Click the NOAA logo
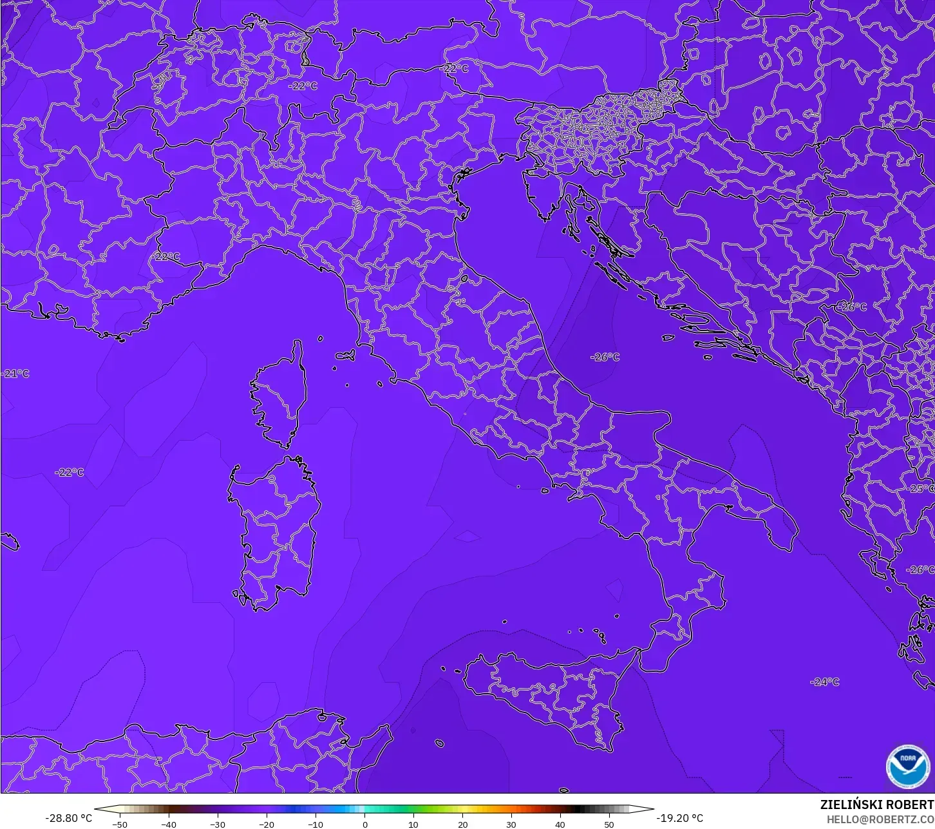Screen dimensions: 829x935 [908, 766]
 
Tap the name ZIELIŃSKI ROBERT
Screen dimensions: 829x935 [876, 805]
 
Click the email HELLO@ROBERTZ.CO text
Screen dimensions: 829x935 [880, 819]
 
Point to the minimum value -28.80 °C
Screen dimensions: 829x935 [68, 818]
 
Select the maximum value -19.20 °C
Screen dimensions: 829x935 [680, 818]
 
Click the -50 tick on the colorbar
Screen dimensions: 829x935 [120, 824]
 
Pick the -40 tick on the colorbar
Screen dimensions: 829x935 [169, 824]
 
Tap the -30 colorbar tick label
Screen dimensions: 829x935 [218, 824]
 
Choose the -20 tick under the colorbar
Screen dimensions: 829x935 [267, 824]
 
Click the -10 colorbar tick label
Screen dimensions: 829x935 [316, 824]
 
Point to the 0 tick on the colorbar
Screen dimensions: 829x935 [364, 824]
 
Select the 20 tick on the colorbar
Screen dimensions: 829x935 [462, 824]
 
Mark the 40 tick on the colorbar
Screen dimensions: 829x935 [560, 824]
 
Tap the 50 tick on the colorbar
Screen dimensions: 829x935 [609, 824]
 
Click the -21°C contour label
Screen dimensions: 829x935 [15, 374]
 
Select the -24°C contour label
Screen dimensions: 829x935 [825, 681]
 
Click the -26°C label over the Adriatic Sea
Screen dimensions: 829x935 [605, 357]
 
